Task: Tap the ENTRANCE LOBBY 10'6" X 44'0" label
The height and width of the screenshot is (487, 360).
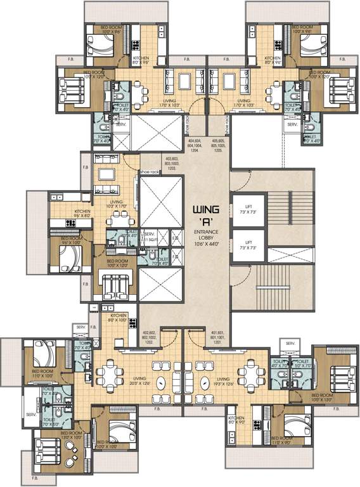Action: (x=207, y=238)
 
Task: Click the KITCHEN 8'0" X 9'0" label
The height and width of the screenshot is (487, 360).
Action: (x=236, y=420)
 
